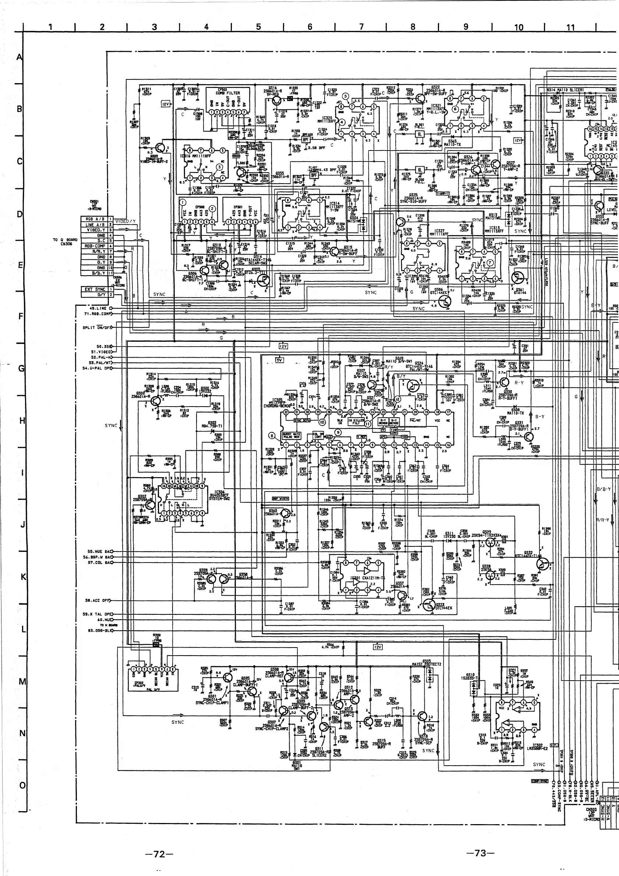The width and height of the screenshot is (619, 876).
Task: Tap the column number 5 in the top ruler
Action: pos(258,27)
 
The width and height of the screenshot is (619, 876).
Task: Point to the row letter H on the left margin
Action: pos(21,421)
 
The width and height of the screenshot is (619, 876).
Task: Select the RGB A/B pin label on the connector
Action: pos(95,219)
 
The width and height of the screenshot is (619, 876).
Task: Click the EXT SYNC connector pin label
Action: pos(95,289)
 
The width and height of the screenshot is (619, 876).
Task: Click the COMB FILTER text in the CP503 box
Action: pos(228,93)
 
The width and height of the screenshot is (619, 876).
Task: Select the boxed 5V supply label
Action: pos(280,360)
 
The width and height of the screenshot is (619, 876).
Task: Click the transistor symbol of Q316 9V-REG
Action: pos(277,100)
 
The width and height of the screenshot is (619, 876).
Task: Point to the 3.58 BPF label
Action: pos(316,148)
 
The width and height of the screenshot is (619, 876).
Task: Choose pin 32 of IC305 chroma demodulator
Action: pos(286,412)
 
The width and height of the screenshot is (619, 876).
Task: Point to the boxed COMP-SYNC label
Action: pos(539,781)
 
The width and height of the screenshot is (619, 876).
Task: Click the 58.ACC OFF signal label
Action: pos(97,600)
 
